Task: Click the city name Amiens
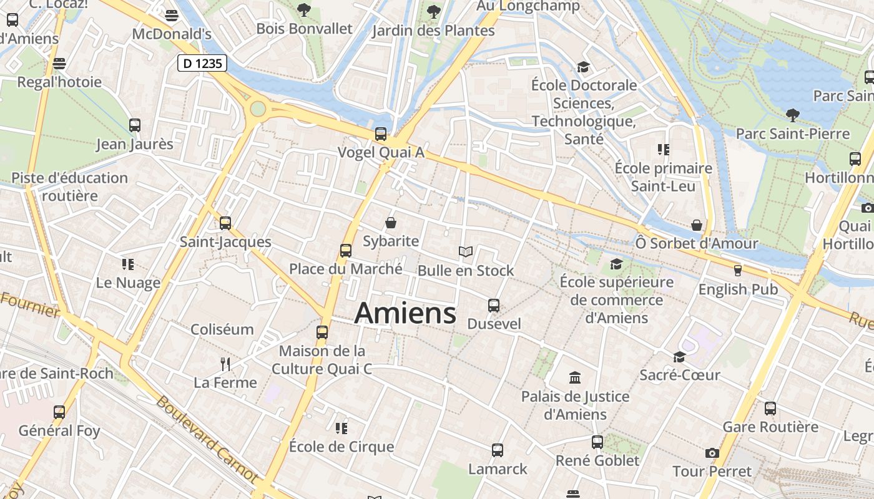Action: point(405,312)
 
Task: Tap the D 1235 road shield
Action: point(202,63)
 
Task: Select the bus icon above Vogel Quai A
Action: point(380,134)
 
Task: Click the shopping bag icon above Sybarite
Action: point(391,223)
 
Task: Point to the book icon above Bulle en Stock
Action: point(465,251)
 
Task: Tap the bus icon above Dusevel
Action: point(494,306)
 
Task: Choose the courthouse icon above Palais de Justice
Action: point(575,378)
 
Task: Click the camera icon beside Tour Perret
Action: point(712,453)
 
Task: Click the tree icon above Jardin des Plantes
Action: point(433,11)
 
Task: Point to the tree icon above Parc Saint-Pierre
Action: point(792,115)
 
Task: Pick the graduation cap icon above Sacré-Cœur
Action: point(679,357)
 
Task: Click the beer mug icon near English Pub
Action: point(738,271)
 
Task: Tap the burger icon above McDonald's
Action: point(172,15)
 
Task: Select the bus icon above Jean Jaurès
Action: point(134,125)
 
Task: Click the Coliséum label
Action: point(222,329)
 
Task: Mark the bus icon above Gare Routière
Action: point(770,409)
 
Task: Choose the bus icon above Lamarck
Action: point(498,450)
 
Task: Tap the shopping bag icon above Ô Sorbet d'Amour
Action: point(697,225)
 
